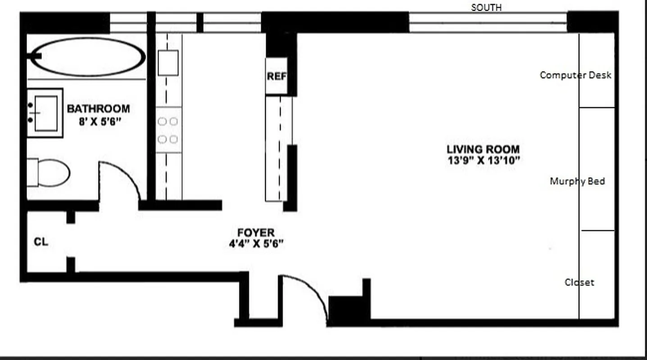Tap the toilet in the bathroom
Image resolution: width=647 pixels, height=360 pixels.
[x=50, y=173]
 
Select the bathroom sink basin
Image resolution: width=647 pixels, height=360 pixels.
[x=45, y=113]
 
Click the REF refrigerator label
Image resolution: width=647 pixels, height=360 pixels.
[x=276, y=76]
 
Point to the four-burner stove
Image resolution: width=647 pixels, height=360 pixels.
[x=168, y=130]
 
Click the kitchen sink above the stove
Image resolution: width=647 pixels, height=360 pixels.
[x=168, y=63]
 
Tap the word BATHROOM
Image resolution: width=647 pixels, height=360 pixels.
[x=98, y=109]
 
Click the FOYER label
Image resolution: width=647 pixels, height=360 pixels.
[x=256, y=233]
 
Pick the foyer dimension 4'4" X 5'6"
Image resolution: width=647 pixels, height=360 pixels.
[x=256, y=244]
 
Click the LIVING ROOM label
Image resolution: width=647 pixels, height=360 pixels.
[x=483, y=149]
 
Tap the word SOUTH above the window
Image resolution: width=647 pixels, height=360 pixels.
[x=486, y=8]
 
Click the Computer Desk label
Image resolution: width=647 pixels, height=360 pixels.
[x=575, y=75]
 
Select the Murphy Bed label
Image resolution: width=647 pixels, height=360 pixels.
[x=577, y=181]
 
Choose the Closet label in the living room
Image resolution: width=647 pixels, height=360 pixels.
[x=579, y=283]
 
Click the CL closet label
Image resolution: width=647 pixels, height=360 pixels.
[x=41, y=242]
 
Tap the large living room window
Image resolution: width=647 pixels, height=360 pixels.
[x=488, y=22]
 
